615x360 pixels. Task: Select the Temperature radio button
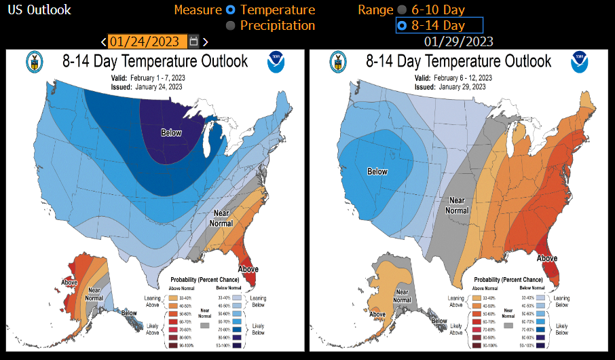231,10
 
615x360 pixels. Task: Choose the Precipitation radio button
231,25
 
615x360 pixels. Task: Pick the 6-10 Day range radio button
402,10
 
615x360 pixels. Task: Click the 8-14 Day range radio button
402,26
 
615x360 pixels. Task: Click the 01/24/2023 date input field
147,41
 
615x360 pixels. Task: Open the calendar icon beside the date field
194,41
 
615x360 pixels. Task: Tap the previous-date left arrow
103,42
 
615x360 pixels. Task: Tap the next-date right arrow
205,42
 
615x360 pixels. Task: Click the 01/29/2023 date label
459,41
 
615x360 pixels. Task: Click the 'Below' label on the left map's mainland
171,132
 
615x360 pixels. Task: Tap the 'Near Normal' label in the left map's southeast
221,218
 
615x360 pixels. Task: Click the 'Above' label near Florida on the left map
248,269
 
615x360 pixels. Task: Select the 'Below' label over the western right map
377,172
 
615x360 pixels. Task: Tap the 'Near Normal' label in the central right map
456,204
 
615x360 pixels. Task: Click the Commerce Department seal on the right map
336,62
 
